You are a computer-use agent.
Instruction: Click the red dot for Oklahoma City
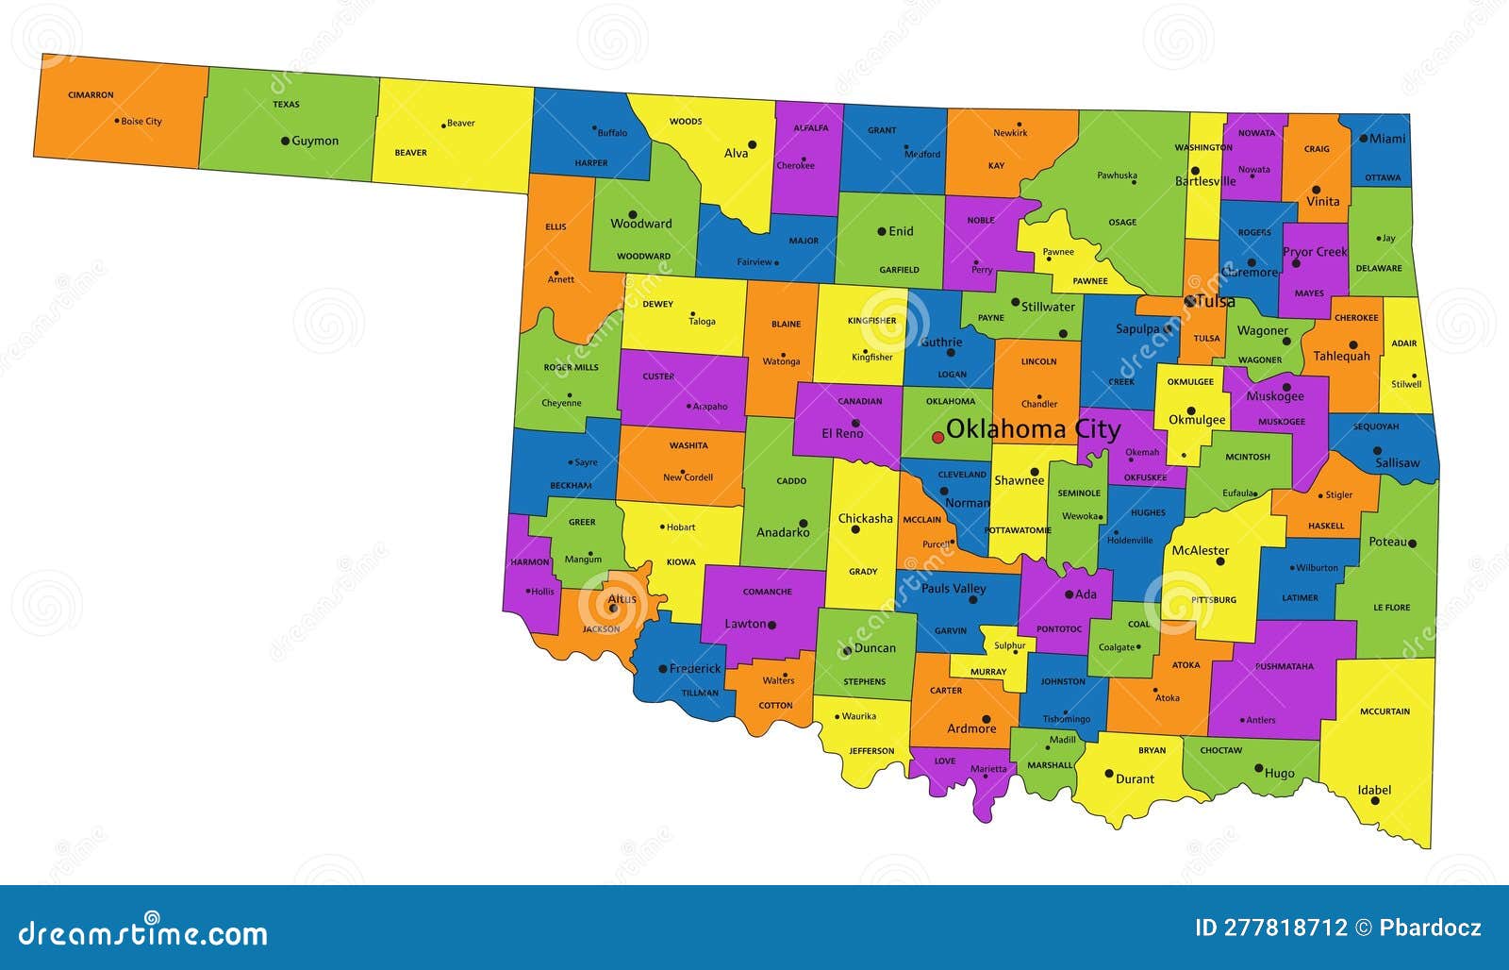click(x=937, y=437)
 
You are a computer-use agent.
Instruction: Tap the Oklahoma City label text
click(x=1033, y=429)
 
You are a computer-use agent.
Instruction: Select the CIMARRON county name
click(x=91, y=95)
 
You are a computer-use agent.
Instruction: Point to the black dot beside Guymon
click(x=285, y=141)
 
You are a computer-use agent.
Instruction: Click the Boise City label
click(x=141, y=122)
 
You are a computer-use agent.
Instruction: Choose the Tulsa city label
click(x=1216, y=302)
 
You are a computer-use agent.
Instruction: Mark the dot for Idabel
click(x=1375, y=801)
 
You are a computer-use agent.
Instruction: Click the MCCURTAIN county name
click(x=1385, y=711)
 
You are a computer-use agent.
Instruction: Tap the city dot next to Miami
click(x=1364, y=139)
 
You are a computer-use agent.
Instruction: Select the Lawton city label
click(x=745, y=624)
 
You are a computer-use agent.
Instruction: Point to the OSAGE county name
click(x=1122, y=223)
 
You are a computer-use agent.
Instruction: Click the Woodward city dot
click(x=633, y=214)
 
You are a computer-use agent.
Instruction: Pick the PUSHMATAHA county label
click(x=1284, y=666)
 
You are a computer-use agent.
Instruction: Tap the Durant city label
click(x=1135, y=779)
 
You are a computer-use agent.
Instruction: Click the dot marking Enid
click(x=882, y=231)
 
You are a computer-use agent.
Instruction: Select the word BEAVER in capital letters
click(x=410, y=153)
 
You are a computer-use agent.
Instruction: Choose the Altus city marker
click(x=613, y=609)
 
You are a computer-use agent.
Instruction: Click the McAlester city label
click(x=1200, y=550)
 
